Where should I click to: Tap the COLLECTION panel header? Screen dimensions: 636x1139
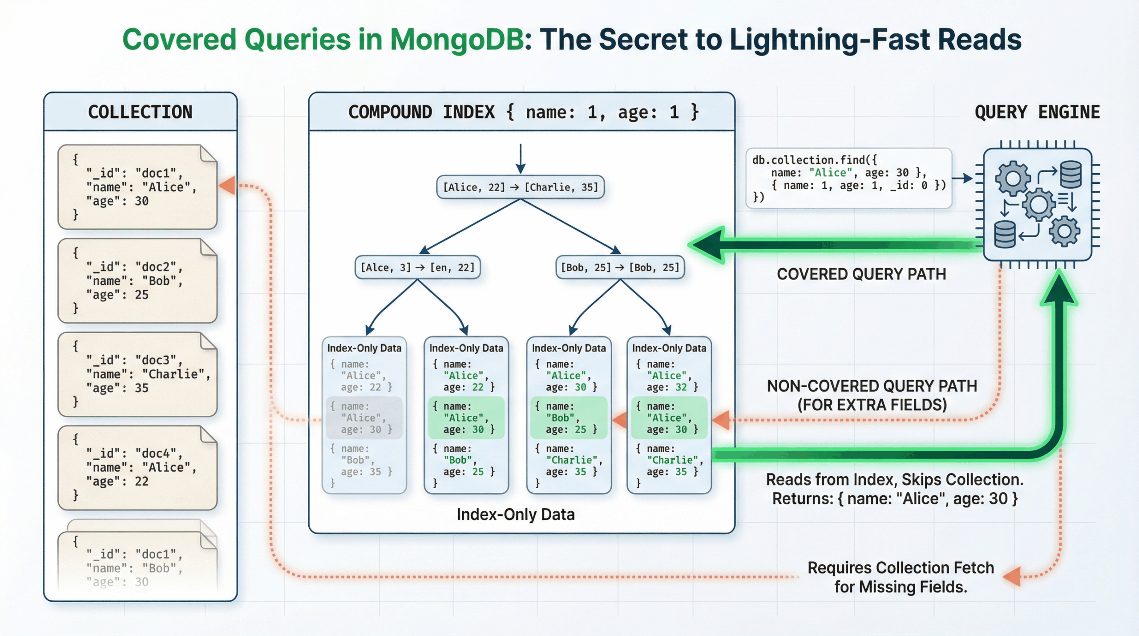pyautogui.click(x=140, y=112)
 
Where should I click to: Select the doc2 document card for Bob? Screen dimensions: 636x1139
pyautogui.click(x=137, y=281)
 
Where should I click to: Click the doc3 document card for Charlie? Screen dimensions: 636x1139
pyautogui.click(x=137, y=374)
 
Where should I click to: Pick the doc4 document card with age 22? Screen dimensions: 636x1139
pyautogui.click(x=137, y=468)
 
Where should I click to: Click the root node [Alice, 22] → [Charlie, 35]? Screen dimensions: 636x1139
pyautogui.click(x=520, y=187)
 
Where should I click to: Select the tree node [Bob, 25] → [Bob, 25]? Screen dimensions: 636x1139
pyautogui.click(x=620, y=267)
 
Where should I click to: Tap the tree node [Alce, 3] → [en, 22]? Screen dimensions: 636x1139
pyautogui.click(x=417, y=267)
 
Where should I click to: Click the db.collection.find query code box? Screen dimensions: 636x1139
pyautogui.click(x=848, y=178)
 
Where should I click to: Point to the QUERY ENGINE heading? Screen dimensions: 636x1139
pyautogui.click(x=1037, y=112)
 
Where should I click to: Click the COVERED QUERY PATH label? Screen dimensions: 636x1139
pyautogui.click(x=861, y=274)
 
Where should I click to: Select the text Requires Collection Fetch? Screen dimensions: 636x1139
pyautogui.click(x=901, y=568)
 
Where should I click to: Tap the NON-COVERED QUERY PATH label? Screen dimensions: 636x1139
pyautogui.click(x=872, y=386)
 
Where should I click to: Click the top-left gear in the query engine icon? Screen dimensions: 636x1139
pyautogui.click(x=1013, y=178)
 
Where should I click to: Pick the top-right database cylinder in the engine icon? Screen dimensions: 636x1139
pyautogui.click(x=1070, y=174)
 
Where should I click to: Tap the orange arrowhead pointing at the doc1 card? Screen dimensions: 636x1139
pyautogui.click(x=228, y=185)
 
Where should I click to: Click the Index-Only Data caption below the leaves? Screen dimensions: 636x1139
pyautogui.click(x=515, y=514)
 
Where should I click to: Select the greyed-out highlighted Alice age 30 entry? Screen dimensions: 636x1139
pyautogui.click(x=364, y=418)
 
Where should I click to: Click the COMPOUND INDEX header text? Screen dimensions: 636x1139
pyautogui.click(x=523, y=112)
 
